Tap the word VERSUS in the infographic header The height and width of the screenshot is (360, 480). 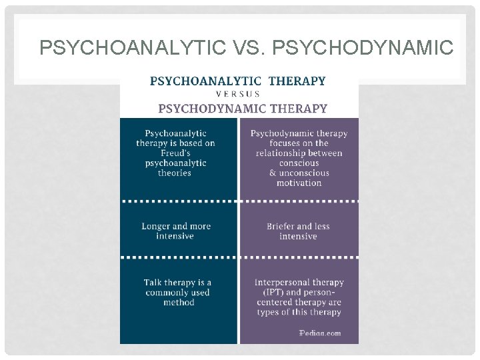click(238, 94)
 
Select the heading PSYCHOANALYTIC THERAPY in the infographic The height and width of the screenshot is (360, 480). click(238, 81)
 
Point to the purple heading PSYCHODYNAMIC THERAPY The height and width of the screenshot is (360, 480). click(243, 108)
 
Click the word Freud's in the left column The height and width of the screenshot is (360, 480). click(175, 153)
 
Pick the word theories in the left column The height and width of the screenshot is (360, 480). click(175, 173)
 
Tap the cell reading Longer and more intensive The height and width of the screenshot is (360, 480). click(175, 231)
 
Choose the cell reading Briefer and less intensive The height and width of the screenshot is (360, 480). click(298, 231)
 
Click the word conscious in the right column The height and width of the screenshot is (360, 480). click(299, 163)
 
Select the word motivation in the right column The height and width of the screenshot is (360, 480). click(299, 183)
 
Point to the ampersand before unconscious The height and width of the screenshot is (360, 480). click(272, 173)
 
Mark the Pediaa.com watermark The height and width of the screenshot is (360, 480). click(321, 332)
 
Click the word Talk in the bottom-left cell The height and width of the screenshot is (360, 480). click(153, 282)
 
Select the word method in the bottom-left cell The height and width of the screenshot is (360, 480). click(179, 302)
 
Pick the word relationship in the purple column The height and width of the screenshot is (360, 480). click(280, 153)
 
